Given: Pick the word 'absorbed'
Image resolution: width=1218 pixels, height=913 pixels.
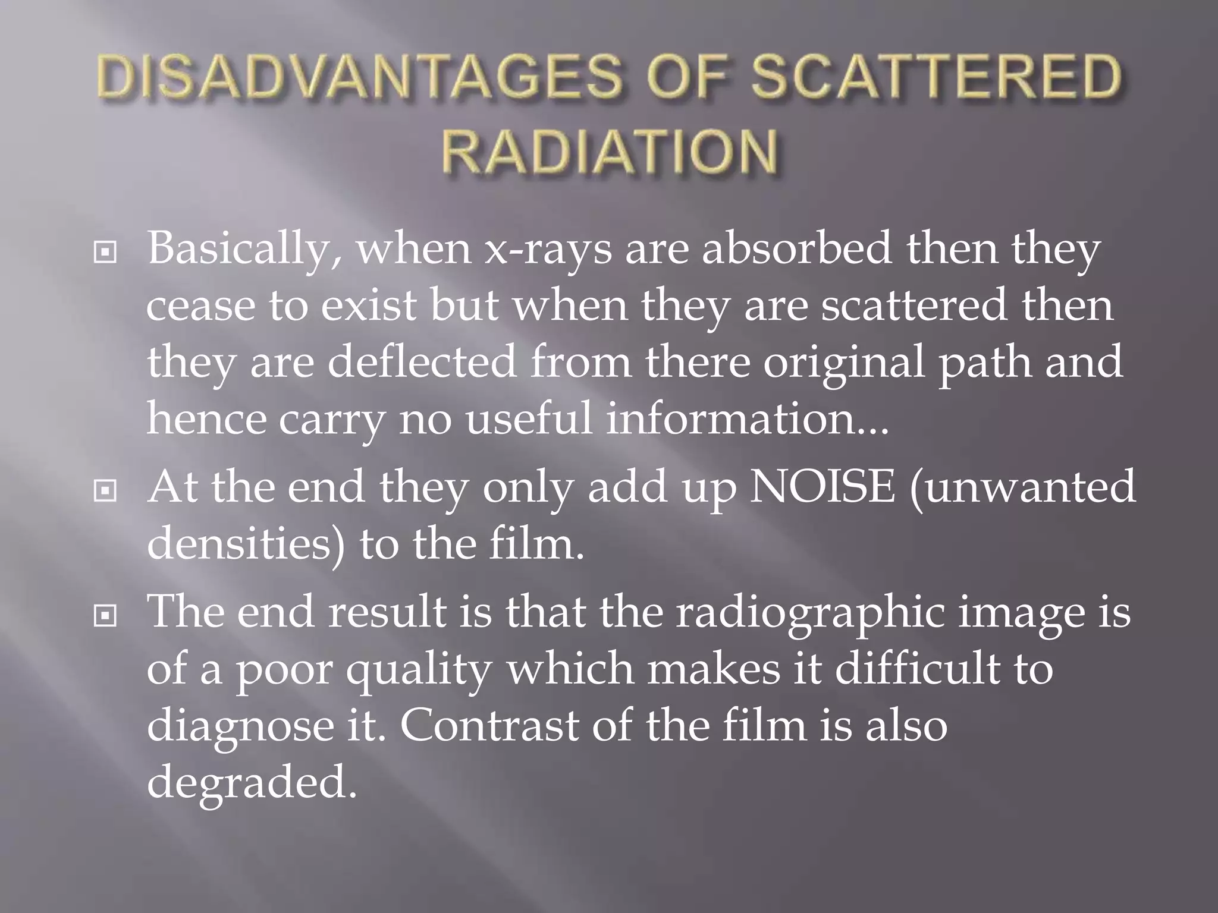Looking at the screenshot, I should [x=797, y=247].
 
